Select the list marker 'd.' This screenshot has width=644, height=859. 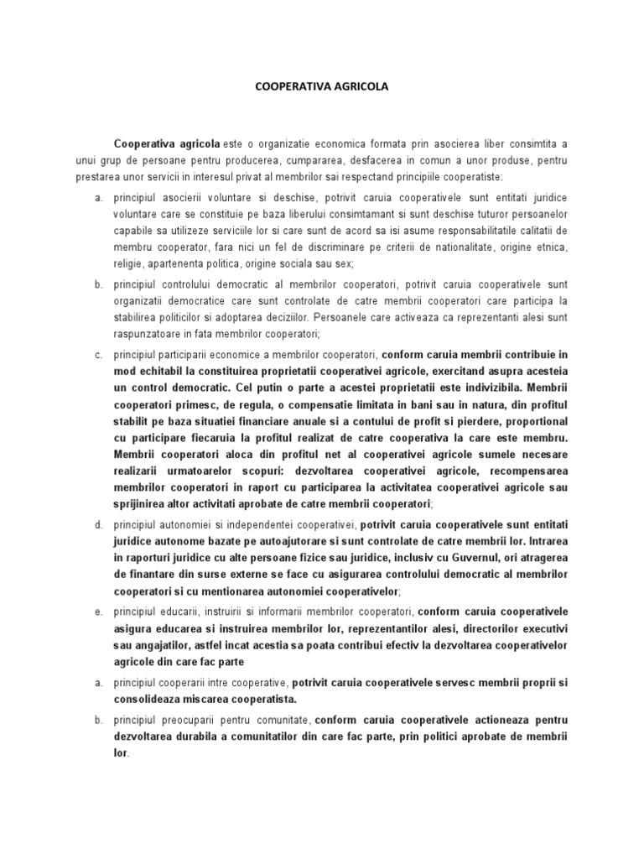click(x=97, y=524)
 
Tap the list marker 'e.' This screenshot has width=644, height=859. click(x=97, y=612)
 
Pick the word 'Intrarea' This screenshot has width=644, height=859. click(x=543, y=541)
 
